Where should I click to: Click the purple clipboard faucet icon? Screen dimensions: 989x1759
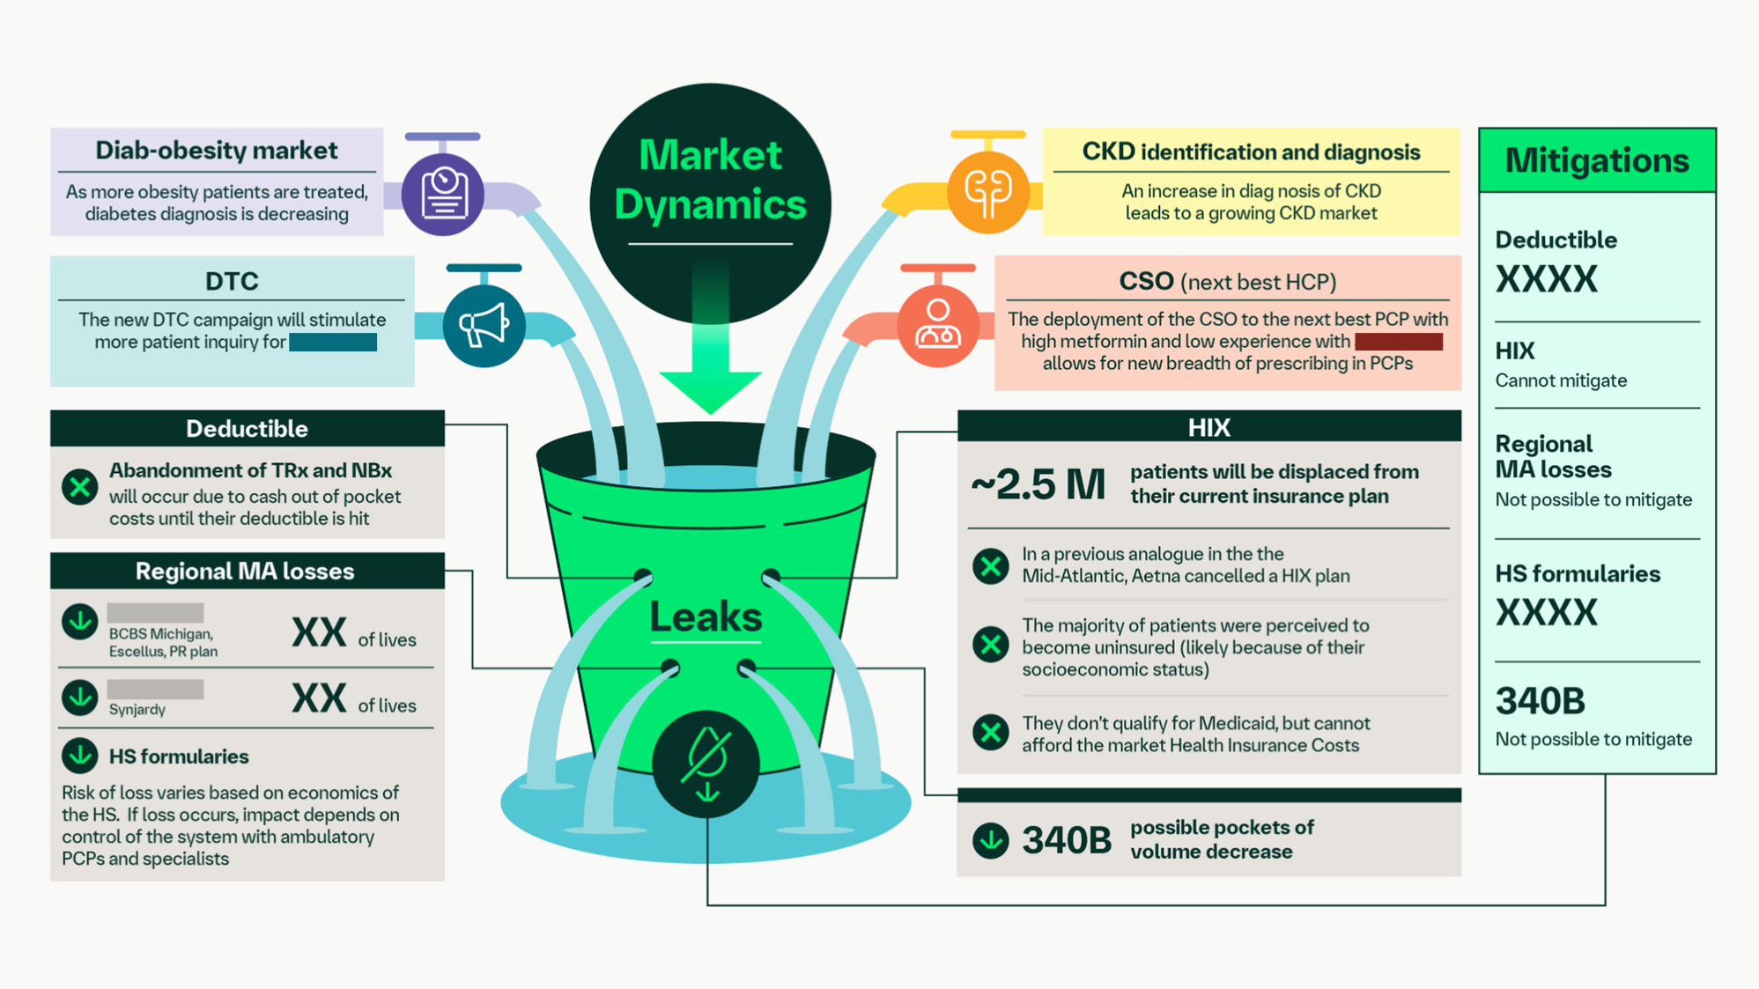click(x=443, y=194)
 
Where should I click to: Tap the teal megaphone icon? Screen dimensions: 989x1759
click(x=484, y=326)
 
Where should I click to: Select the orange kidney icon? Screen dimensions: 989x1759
click(x=987, y=191)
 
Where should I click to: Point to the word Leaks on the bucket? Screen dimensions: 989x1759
click(x=706, y=616)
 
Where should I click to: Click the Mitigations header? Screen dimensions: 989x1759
click(x=1597, y=160)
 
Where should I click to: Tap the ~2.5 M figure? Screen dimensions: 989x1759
click(x=1038, y=484)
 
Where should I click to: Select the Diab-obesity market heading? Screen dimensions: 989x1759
click(x=217, y=151)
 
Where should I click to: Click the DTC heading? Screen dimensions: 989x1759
click(x=232, y=281)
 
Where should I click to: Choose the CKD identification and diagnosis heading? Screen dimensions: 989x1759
click(x=1251, y=152)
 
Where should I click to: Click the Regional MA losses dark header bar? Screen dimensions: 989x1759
click(x=246, y=572)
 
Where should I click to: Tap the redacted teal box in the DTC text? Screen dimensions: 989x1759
click(x=333, y=342)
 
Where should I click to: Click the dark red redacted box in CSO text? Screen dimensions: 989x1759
click(x=1398, y=342)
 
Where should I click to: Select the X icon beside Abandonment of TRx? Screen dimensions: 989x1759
click(x=80, y=487)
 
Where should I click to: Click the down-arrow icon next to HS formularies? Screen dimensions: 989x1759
click(x=80, y=755)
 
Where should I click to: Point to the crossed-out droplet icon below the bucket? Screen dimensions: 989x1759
click(x=706, y=763)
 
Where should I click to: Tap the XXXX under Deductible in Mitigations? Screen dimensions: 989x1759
click(x=1546, y=280)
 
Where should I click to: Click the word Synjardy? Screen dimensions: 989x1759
click(x=137, y=710)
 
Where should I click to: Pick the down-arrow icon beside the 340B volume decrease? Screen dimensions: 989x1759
click(x=990, y=840)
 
